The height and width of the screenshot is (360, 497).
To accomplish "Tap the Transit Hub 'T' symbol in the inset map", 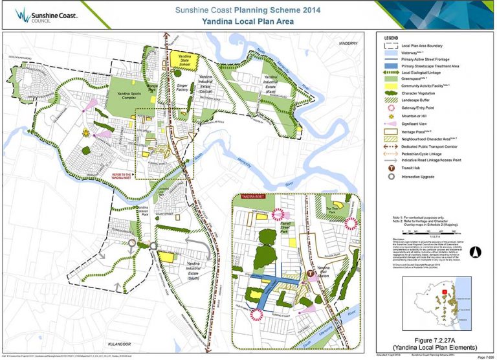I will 310,274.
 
